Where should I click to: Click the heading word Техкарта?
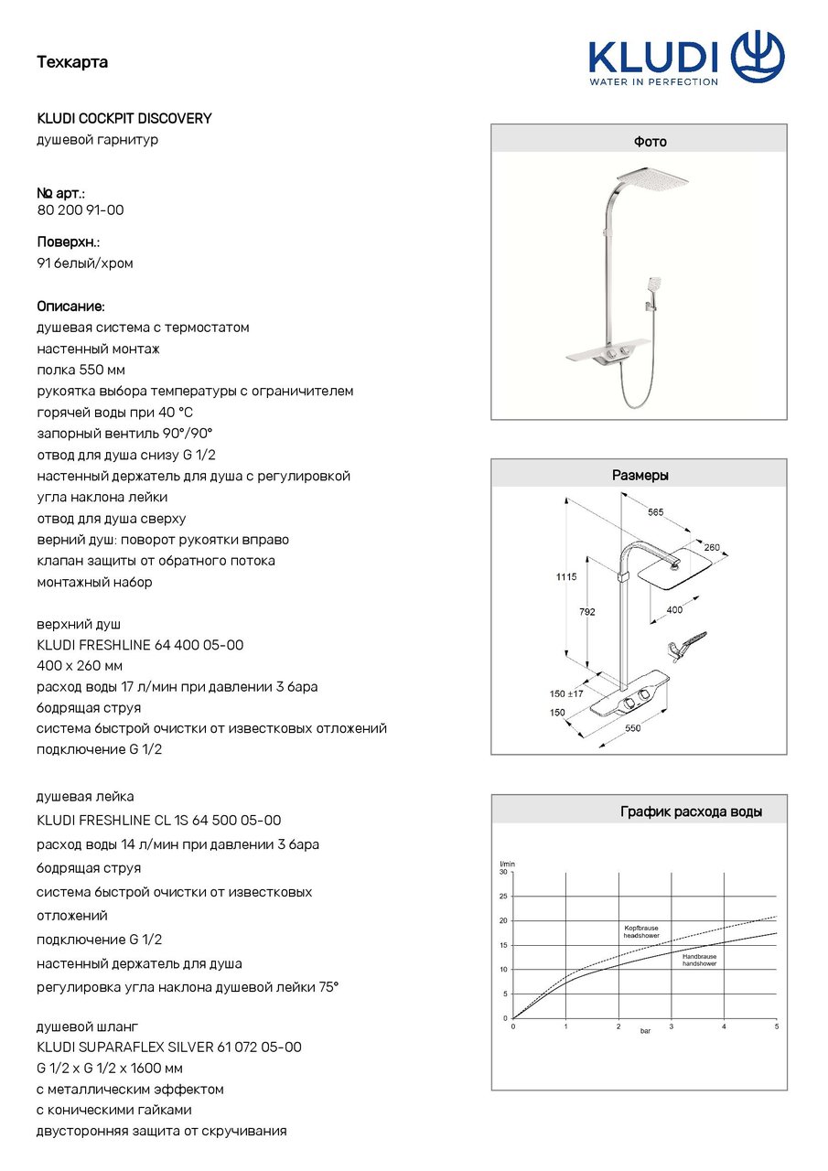[72, 62]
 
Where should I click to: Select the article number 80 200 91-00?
[81, 210]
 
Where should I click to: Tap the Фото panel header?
[639, 142]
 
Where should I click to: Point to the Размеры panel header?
[639, 476]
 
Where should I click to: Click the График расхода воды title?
[691, 811]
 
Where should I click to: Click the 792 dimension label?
[586, 612]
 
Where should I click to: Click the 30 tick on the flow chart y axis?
[502, 872]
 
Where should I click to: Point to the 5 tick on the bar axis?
[776, 1026]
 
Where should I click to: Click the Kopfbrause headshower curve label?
[640, 932]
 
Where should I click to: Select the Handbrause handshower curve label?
[699, 960]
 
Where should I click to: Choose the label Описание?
[70, 306]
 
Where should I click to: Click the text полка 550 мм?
[81, 370]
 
